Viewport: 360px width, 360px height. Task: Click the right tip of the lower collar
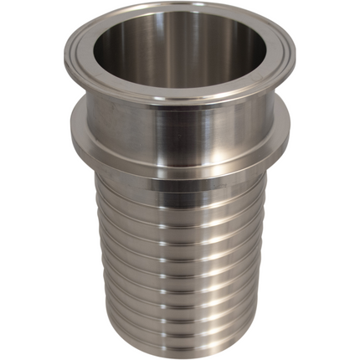(290, 134)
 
